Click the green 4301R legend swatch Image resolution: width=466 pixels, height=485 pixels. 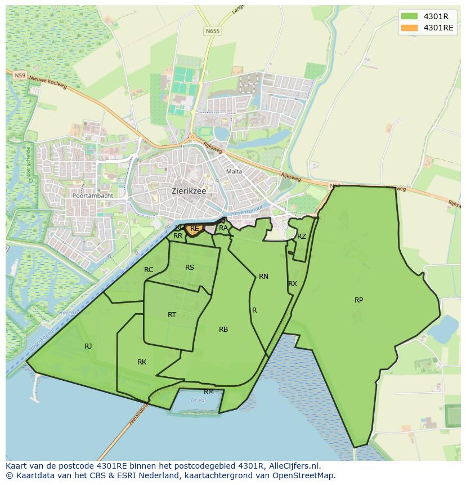click(x=410, y=16)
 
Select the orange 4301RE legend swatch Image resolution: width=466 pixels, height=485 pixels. click(x=410, y=28)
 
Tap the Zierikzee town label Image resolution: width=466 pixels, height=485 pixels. click(x=189, y=191)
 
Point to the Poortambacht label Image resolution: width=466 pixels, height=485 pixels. click(x=92, y=195)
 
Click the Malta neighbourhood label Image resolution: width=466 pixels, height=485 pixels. click(x=234, y=171)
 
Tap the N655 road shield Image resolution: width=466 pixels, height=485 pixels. click(x=213, y=32)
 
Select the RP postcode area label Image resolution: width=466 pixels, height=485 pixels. click(x=359, y=300)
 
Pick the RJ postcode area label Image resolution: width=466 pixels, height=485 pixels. click(x=88, y=346)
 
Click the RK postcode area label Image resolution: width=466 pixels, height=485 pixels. click(x=142, y=362)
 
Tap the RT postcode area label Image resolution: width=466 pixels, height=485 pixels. click(x=172, y=314)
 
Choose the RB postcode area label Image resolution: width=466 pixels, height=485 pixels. click(x=223, y=329)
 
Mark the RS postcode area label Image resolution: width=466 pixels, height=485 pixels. click(x=190, y=267)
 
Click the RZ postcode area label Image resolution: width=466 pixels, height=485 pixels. click(x=302, y=236)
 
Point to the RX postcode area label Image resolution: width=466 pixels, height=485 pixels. click(x=292, y=283)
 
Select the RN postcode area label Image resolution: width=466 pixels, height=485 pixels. click(x=263, y=276)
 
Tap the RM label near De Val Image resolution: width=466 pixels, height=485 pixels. click(x=209, y=391)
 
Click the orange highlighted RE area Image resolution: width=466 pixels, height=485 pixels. click(x=195, y=229)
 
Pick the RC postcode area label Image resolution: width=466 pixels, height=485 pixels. click(x=149, y=269)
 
